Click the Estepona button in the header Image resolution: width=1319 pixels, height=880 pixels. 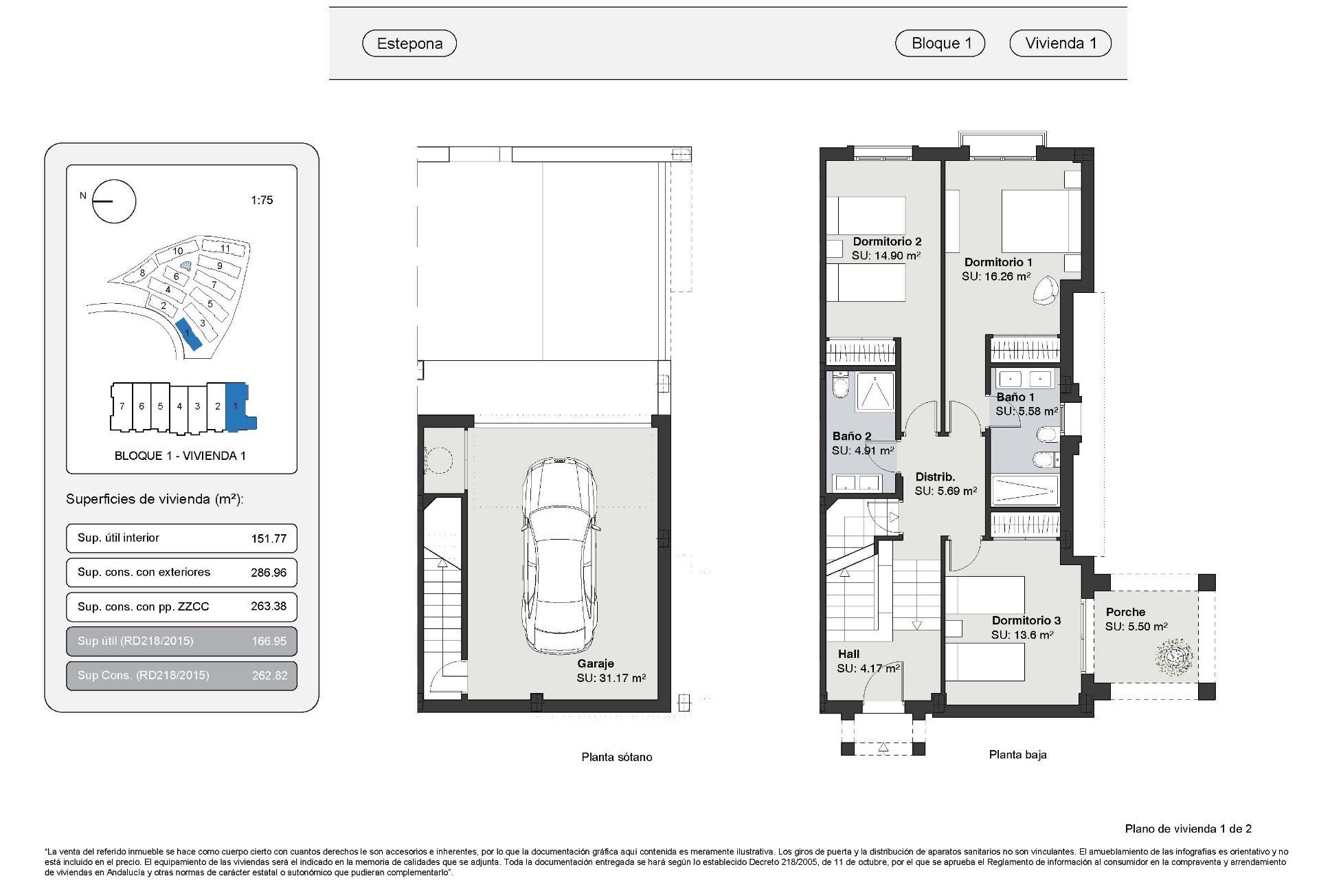409,43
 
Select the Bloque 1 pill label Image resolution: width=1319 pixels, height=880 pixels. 940,43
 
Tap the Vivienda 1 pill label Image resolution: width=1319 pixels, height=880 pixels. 1060,43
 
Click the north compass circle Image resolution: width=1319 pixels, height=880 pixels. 114,201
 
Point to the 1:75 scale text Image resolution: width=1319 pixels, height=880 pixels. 262,200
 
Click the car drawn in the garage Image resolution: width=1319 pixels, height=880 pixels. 560,557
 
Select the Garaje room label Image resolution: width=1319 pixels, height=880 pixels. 595,663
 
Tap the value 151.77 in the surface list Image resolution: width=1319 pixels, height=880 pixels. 269,538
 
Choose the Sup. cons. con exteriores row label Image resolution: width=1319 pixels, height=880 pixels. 144,572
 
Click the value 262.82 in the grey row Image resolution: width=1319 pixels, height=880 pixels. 269,675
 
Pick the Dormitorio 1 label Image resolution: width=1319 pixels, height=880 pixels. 998,262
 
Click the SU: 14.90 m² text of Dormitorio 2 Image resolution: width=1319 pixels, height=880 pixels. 886,256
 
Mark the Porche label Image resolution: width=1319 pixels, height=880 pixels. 1125,612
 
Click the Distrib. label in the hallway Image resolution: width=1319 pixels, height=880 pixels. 935,476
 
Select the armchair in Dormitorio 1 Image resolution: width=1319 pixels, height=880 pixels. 1048,289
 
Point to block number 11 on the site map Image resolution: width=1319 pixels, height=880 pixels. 225,249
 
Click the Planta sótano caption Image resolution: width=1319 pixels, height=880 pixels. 616,757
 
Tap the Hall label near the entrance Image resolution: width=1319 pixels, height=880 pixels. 848,654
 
